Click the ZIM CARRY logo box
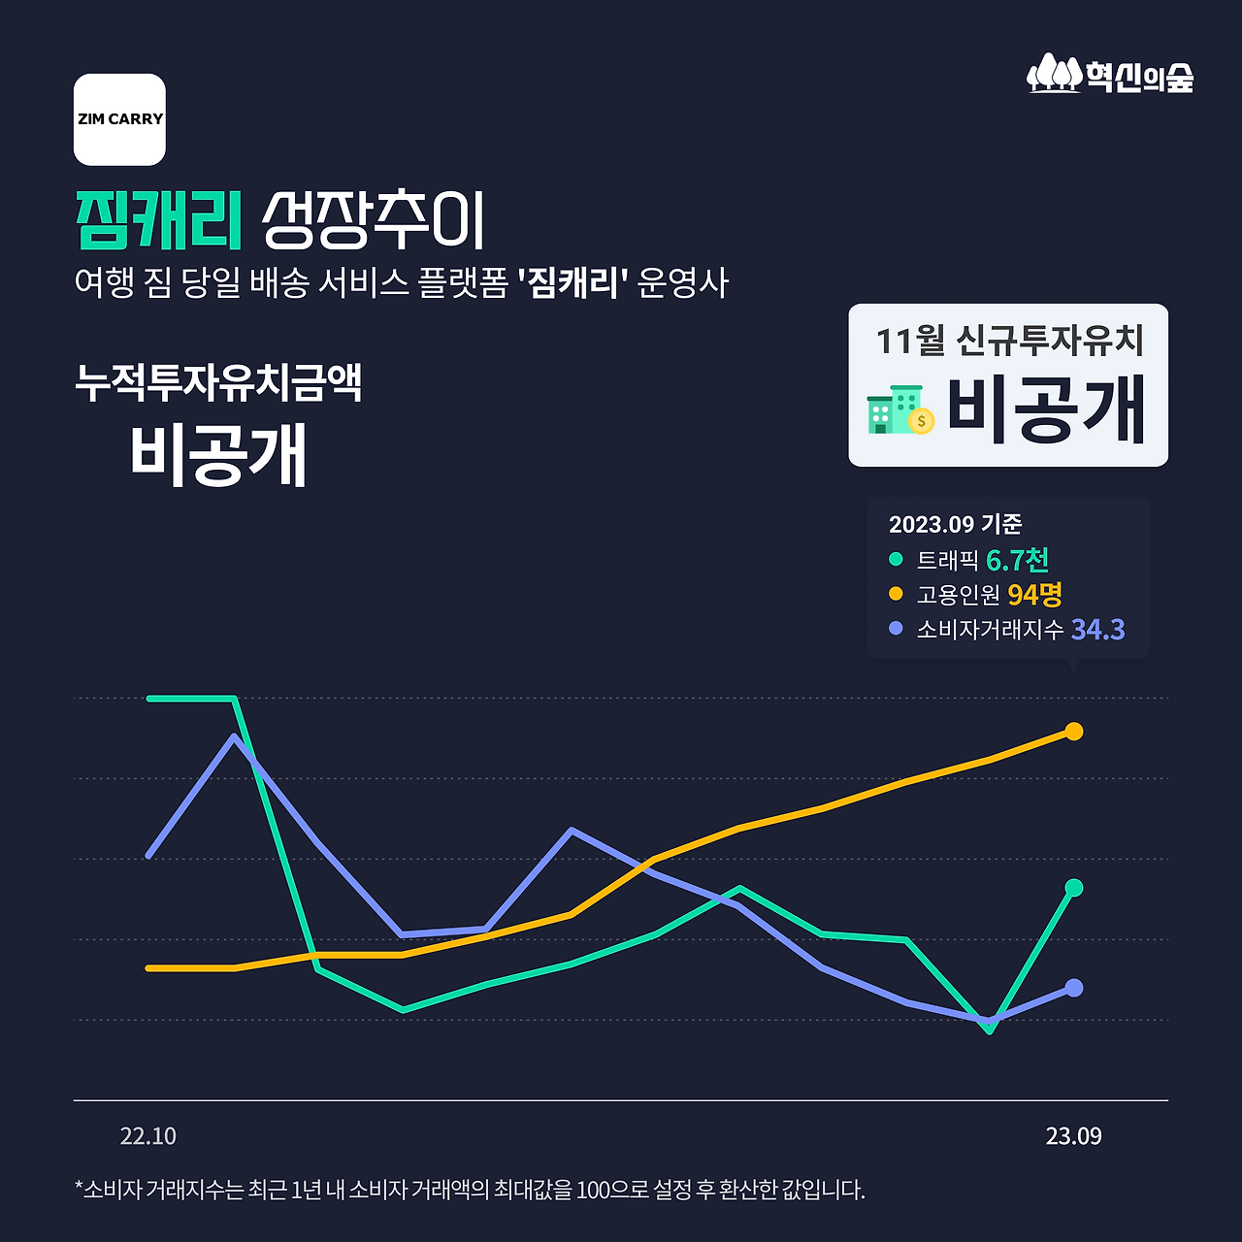(119, 119)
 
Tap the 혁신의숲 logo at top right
(1110, 75)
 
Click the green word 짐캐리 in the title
(159, 220)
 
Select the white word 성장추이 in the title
(374, 220)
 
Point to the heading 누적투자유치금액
(218, 382)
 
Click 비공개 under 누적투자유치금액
(218, 454)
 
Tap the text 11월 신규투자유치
(1009, 341)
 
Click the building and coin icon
(899, 409)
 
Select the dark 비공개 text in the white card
(1046, 409)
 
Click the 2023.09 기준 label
(955, 524)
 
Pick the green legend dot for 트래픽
(896, 559)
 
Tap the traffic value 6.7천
(1017, 560)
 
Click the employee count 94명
(1034, 594)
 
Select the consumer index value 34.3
(1097, 630)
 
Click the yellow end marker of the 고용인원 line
(1073, 732)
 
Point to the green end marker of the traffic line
(1073, 888)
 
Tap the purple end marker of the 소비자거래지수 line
(1073, 988)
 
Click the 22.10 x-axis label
(148, 1136)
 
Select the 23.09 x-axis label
(1073, 1136)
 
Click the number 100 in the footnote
(593, 1190)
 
